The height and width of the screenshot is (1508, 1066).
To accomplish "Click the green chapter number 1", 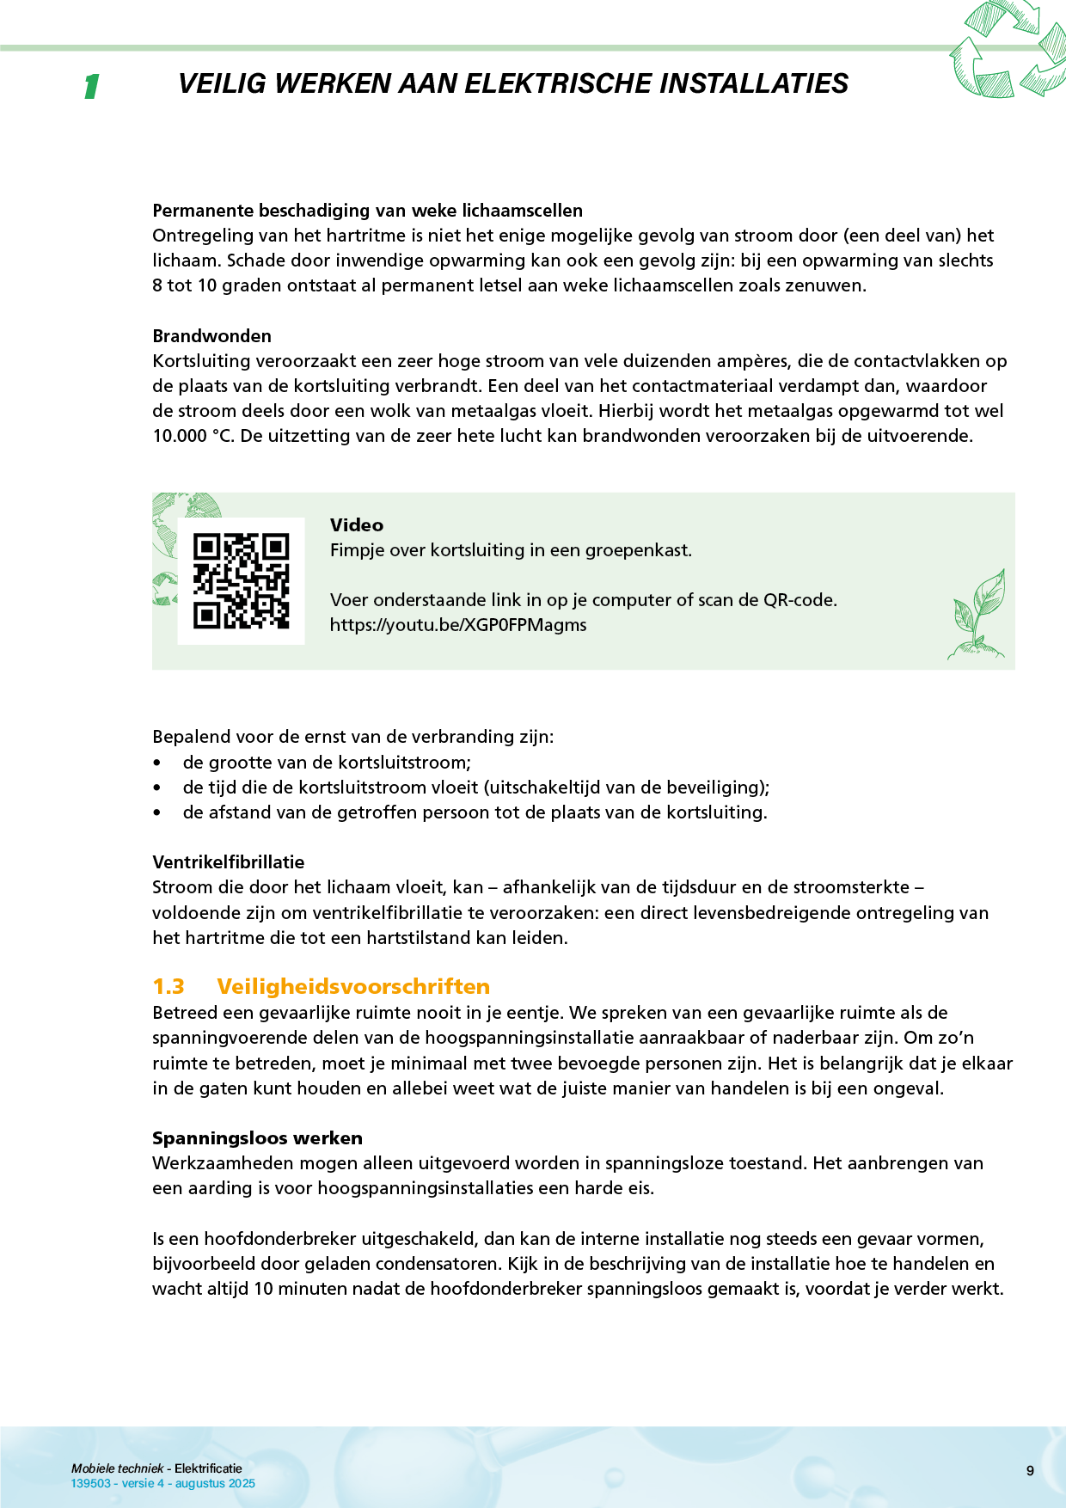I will pyautogui.click(x=91, y=86).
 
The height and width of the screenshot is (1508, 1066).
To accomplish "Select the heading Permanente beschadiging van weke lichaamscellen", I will pyautogui.click(x=367, y=211).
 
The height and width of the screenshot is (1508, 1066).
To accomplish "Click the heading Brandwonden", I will pyautogui.click(x=211, y=336).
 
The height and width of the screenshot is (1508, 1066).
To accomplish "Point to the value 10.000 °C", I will pyautogui.click(x=193, y=436).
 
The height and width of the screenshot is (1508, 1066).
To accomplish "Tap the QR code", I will pyautogui.click(x=241, y=581).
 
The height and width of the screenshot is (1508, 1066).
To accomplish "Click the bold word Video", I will pyautogui.click(x=357, y=525).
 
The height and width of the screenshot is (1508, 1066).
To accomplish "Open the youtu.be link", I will pyautogui.click(x=458, y=625).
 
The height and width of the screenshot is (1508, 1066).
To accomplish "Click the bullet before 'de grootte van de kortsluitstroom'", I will pyautogui.click(x=156, y=763).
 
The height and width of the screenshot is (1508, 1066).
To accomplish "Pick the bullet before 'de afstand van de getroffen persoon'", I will pyautogui.click(x=156, y=813).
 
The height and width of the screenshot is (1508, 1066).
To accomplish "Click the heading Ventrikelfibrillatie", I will pyautogui.click(x=228, y=862).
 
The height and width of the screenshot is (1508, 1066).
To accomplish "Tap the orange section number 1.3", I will pyautogui.click(x=168, y=986).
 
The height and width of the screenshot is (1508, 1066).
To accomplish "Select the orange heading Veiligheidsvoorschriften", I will pyautogui.click(x=353, y=986).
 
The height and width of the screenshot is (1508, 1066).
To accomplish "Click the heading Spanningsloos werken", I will pyautogui.click(x=257, y=1138).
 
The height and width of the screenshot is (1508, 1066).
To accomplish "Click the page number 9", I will pyautogui.click(x=1030, y=1471).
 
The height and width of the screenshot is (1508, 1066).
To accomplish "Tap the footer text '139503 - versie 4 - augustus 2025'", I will pyautogui.click(x=163, y=1483).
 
